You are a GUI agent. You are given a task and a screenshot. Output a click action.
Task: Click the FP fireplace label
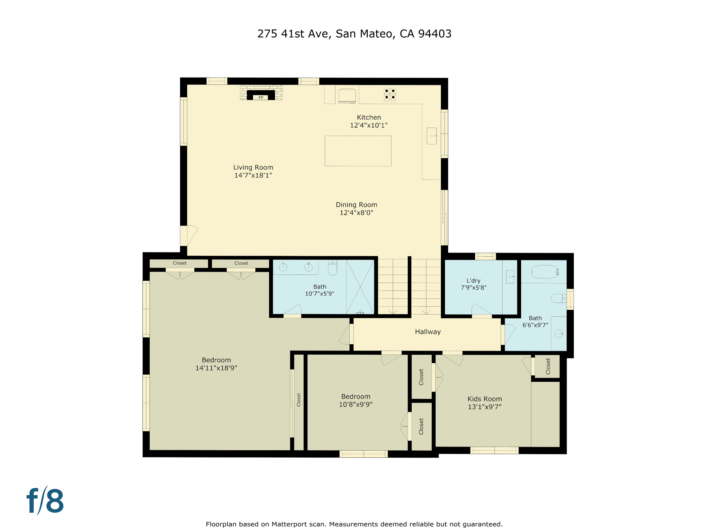pyautogui.click(x=261, y=98)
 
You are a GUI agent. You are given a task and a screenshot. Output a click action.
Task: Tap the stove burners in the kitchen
pyautogui.click(x=390, y=94)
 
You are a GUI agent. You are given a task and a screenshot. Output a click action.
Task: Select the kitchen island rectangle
pyautogui.click(x=358, y=151)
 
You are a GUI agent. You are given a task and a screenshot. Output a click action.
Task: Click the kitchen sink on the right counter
pyautogui.click(x=431, y=136)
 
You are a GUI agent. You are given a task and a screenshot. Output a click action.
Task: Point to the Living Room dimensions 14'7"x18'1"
pyautogui.click(x=253, y=175)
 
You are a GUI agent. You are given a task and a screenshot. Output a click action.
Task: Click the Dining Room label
pyautogui.click(x=356, y=205)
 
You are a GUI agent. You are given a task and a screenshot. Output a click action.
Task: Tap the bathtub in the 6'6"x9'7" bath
pyautogui.click(x=545, y=272)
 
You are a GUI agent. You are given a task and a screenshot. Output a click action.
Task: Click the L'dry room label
pyautogui.click(x=473, y=281)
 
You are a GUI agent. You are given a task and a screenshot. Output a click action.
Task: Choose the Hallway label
pyautogui.click(x=428, y=332)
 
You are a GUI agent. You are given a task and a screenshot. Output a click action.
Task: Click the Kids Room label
pyautogui.click(x=484, y=399)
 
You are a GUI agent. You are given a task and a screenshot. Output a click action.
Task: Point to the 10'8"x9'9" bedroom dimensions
pyautogui.click(x=356, y=404)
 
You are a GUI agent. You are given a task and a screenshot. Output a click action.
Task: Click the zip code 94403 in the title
pyautogui.click(x=434, y=34)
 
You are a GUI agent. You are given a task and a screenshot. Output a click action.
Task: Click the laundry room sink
pyautogui.click(x=510, y=277)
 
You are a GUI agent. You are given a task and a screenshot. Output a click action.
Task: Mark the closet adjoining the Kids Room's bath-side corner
pyautogui.click(x=547, y=366)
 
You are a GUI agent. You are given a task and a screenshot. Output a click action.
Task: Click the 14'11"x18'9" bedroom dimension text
pyautogui.click(x=216, y=368)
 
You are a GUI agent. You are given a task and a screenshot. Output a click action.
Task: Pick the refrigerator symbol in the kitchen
pyautogui.click(x=347, y=95)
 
